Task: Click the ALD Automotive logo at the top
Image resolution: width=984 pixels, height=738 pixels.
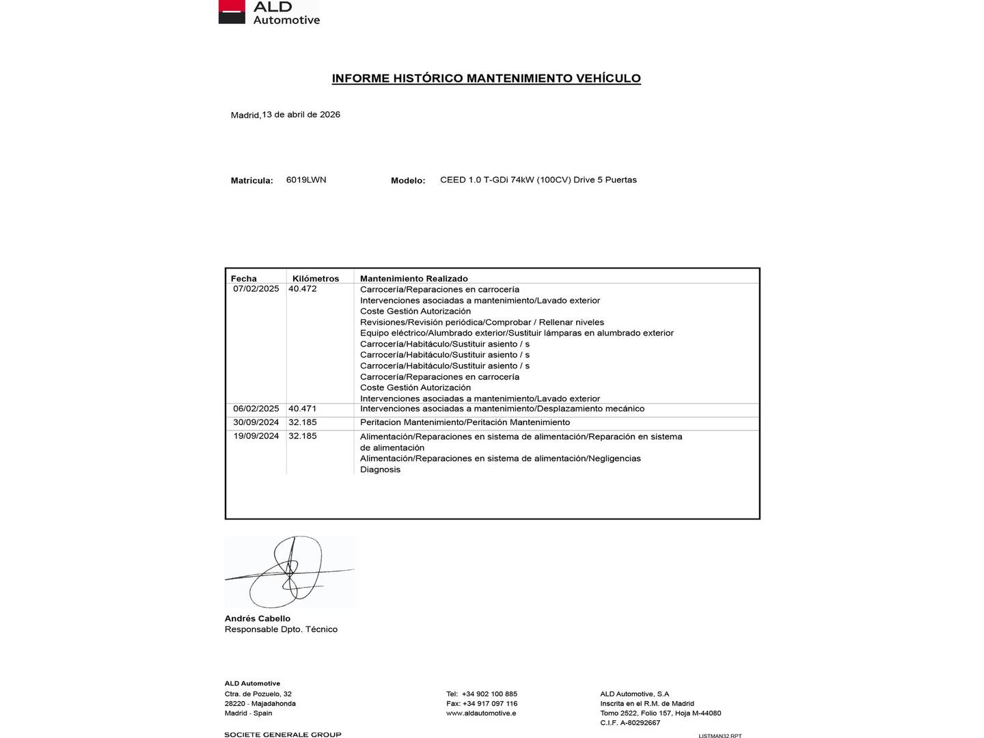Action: click(x=269, y=12)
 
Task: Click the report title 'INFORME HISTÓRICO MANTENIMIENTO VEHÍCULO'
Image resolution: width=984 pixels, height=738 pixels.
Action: click(x=486, y=79)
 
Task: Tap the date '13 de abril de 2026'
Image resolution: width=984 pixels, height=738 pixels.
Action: click(x=301, y=115)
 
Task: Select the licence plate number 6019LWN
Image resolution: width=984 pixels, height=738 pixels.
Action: click(x=306, y=180)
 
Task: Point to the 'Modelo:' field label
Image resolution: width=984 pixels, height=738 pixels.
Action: click(x=408, y=180)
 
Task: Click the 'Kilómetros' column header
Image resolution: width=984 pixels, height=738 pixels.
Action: click(x=316, y=278)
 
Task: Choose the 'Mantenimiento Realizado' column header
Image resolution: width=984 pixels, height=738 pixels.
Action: click(x=414, y=278)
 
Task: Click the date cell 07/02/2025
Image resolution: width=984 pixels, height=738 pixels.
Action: click(x=256, y=289)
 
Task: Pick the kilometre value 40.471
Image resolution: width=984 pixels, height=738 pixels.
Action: click(x=303, y=409)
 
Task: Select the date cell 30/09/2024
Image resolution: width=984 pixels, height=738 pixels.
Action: click(x=256, y=422)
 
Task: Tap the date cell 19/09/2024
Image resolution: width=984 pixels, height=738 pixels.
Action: click(x=256, y=436)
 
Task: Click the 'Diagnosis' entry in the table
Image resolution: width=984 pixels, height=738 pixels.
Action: click(x=381, y=469)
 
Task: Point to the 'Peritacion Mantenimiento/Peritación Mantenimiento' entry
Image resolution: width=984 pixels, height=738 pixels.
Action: click(x=465, y=422)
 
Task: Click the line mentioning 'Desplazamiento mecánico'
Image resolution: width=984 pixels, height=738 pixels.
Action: click(x=502, y=409)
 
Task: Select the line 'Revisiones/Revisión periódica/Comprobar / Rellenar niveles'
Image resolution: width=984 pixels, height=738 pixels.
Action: click(x=482, y=322)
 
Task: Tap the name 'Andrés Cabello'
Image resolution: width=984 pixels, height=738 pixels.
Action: click(x=258, y=618)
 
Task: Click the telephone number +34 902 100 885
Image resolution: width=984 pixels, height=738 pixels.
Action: click(x=489, y=694)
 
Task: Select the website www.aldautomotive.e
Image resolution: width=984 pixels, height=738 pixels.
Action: click(x=481, y=713)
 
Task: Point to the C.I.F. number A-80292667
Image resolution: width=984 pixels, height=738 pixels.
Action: click(x=640, y=722)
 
